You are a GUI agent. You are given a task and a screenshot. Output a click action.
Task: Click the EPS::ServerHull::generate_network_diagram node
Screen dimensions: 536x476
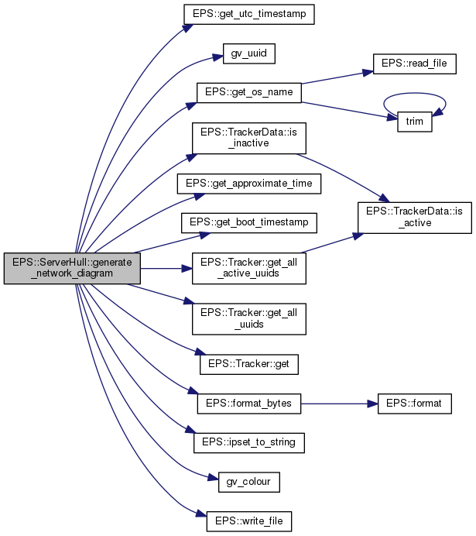[71, 269]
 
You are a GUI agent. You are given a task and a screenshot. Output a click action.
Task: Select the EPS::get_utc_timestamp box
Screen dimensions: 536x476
[248, 15]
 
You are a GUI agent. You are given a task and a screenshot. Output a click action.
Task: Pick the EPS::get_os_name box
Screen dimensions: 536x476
[248, 91]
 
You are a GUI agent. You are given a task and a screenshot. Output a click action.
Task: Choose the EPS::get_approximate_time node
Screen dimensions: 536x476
[248, 184]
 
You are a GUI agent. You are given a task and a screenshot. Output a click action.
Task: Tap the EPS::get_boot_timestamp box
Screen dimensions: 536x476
[248, 222]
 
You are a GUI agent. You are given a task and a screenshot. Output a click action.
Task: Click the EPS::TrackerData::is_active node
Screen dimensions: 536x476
[413, 217]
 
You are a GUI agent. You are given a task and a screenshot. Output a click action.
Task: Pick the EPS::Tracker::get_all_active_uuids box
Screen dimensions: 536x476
[248, 269]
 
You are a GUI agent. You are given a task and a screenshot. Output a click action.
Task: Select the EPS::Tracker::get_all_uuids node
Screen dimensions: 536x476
[248, 318]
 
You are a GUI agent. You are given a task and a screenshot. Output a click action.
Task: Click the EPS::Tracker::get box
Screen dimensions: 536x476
[248, 363]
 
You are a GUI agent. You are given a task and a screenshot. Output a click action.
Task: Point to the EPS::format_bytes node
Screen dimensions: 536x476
[248, 404]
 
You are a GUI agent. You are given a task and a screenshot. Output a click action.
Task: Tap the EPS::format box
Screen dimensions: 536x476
[414, 404]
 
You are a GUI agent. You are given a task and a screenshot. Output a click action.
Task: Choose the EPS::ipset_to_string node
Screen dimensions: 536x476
[248, 442]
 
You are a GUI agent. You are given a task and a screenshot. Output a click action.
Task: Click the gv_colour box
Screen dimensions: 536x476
[248, 482]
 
